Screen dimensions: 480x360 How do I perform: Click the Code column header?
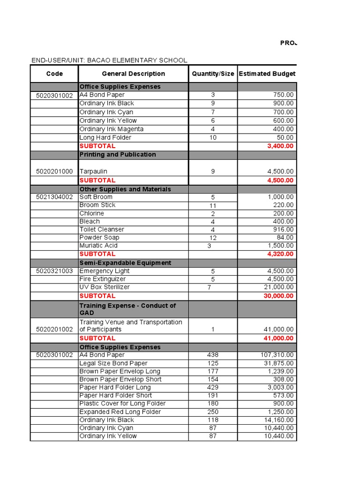click(x=54, y=74)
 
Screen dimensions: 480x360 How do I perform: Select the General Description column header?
click(x=133, y=74)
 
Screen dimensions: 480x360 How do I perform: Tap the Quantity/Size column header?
click(x=213, y=74)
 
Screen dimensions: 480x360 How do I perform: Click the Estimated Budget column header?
click(x=267, y=74)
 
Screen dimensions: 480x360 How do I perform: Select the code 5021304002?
click(x=54, y=197)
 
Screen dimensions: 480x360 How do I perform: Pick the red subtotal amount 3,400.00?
click(x=280, y=146)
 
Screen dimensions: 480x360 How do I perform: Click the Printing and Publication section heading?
click(x=118, y=155)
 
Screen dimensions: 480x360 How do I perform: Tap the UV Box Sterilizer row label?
click(x=105, y=287)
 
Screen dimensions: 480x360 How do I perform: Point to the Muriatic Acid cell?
click(x=98, y=246)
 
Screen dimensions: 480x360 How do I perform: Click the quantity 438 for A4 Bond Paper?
click(x=213, y=355)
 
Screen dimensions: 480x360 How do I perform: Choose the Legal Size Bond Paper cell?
click(x=113, y=363)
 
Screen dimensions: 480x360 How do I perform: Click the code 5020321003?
click(x=54, y=271)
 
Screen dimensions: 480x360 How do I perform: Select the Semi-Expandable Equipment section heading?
click(x=125, y=263)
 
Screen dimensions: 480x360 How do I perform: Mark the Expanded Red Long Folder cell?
click(x=120, y=412)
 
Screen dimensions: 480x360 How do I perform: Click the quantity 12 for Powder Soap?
click(x=213, y=238)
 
